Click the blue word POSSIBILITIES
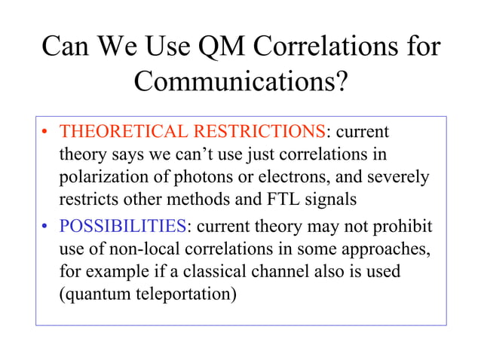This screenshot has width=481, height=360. tap(123, 226)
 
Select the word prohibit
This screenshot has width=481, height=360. tap(405, 226)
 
